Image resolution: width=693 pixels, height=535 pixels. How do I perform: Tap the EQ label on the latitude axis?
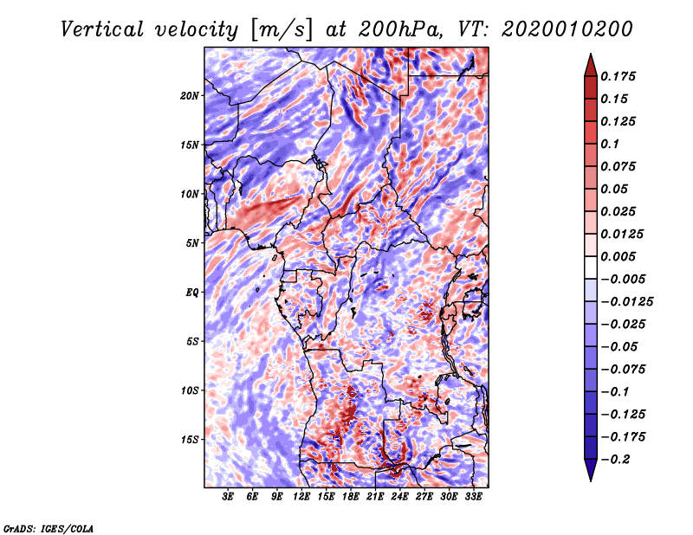click(x=191, y=293)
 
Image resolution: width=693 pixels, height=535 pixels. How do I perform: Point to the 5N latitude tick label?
click(x=191, y=243)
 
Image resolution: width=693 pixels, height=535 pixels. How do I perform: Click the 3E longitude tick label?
click(x=229, y=497)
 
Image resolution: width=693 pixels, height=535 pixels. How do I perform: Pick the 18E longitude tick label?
click(x=351, y=497)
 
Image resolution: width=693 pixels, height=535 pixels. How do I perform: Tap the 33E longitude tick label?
click(x=473, y=497)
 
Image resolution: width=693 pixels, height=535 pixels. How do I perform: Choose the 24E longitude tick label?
click(x=400, y=497)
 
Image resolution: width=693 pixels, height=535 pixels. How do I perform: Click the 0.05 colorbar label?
click(x=614, y=189)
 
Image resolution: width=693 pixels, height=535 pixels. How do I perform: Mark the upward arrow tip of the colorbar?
click(x=590, y=56)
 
